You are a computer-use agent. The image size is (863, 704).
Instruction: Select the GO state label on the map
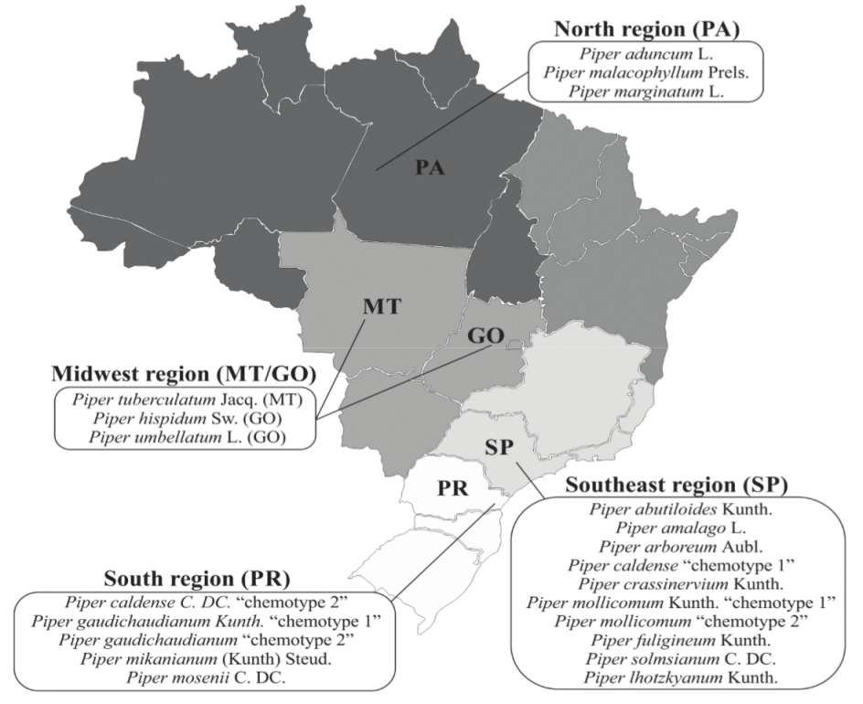pos(486,336)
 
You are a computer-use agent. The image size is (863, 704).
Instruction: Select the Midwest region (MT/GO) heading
pos(184,375)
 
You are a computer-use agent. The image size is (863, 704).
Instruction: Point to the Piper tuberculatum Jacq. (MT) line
pos(185,400)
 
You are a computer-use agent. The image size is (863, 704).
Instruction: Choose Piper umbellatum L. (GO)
pos(185,437)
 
